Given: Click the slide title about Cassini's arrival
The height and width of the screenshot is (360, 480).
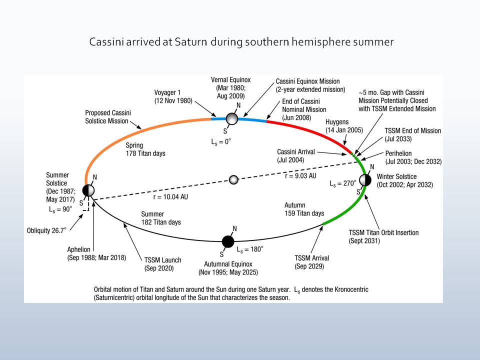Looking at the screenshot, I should pos(241,42).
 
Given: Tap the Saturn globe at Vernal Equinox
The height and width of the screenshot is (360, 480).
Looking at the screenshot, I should pos(231,118).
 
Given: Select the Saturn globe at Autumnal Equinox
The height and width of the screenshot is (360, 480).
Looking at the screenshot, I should pos(228,241).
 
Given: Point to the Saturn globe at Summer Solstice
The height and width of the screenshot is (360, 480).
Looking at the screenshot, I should pos(88,190).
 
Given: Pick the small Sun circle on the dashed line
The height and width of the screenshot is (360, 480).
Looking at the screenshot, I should pos(233,179).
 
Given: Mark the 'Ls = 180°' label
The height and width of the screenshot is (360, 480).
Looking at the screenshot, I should pos(249,248).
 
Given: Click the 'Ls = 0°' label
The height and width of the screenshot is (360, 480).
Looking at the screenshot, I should pos(221,142).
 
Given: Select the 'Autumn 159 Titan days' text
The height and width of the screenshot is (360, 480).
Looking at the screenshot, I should pos(304,209).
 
